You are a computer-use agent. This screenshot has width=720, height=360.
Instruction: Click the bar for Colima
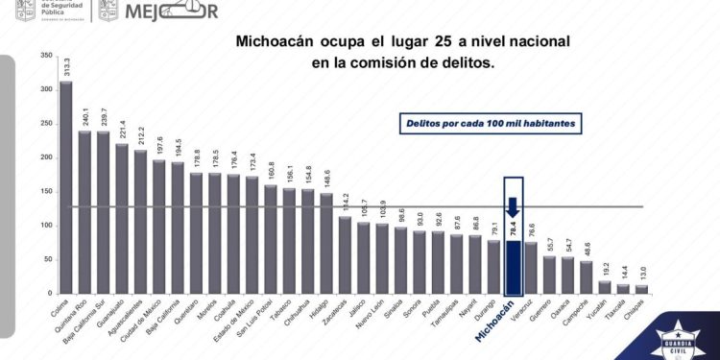[x=65, y=187]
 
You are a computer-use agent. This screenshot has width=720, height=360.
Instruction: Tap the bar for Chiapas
[x=643, y=288]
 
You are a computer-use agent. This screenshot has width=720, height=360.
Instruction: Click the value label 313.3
[x=66, y=65]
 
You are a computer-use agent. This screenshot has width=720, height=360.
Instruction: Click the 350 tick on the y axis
[x=46, y=56]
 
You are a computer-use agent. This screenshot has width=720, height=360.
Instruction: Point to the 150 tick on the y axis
[x=46, y=191]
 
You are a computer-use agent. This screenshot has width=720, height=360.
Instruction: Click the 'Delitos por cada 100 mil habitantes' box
[x=491, y=124]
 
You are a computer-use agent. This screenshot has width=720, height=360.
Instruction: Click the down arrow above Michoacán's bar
[x=514, y=207]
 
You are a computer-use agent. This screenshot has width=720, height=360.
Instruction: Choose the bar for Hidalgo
[x=326, y=243]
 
